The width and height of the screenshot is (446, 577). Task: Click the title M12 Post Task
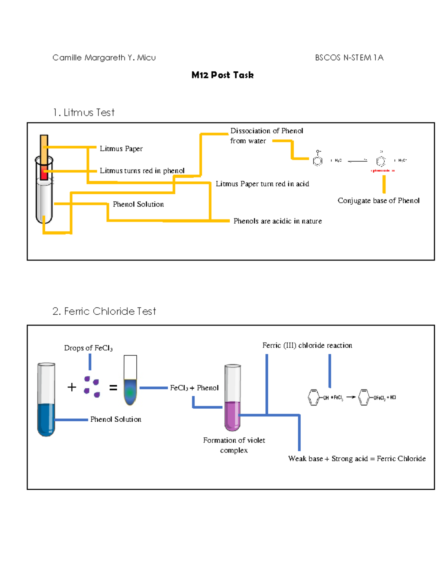(222, 75)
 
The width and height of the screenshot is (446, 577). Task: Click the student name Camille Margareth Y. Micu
(104, 58)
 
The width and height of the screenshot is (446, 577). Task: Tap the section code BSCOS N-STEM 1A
(349, 58)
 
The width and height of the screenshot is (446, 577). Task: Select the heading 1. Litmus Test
(84, 113)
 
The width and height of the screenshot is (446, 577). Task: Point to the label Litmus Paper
(121, 149)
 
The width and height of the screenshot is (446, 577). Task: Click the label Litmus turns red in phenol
(142, 171)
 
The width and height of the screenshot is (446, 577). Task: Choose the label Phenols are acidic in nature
(277, 221)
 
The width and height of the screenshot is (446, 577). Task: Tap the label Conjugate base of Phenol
(378, 201)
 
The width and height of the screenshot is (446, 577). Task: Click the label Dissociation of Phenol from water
(266, 136)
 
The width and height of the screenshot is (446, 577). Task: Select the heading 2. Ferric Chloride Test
(104, 311)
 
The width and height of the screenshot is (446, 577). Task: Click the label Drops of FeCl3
(88, 348)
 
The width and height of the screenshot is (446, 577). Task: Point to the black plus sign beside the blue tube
(72, 387)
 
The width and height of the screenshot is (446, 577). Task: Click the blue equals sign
(113, 388)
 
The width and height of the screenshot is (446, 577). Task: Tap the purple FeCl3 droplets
(91, 386)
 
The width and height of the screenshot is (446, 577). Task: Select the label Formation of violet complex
(234, 445)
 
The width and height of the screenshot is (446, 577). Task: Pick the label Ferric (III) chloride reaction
(307, 346)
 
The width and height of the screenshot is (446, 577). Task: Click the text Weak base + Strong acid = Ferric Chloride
(357, 459)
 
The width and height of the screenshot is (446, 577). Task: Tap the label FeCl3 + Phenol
(194, 388)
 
